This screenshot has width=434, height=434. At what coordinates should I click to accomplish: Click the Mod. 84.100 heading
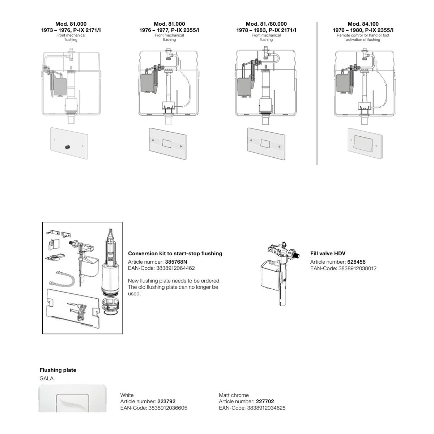point(363,24)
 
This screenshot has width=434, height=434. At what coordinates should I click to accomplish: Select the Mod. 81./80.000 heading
point(266,24)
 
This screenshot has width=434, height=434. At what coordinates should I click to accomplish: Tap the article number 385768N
point(176,262)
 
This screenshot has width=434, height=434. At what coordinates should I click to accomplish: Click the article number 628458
point(356,262)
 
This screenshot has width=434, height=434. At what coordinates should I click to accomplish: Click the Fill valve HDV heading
point(328,254)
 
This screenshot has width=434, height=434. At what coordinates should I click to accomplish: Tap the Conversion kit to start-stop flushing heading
point(175,254)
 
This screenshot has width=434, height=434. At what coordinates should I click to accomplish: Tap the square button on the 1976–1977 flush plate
point(167,143)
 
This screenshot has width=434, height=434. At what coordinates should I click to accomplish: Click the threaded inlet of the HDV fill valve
point(298,256)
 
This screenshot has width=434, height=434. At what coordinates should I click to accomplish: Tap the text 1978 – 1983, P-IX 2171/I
point(266,30)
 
